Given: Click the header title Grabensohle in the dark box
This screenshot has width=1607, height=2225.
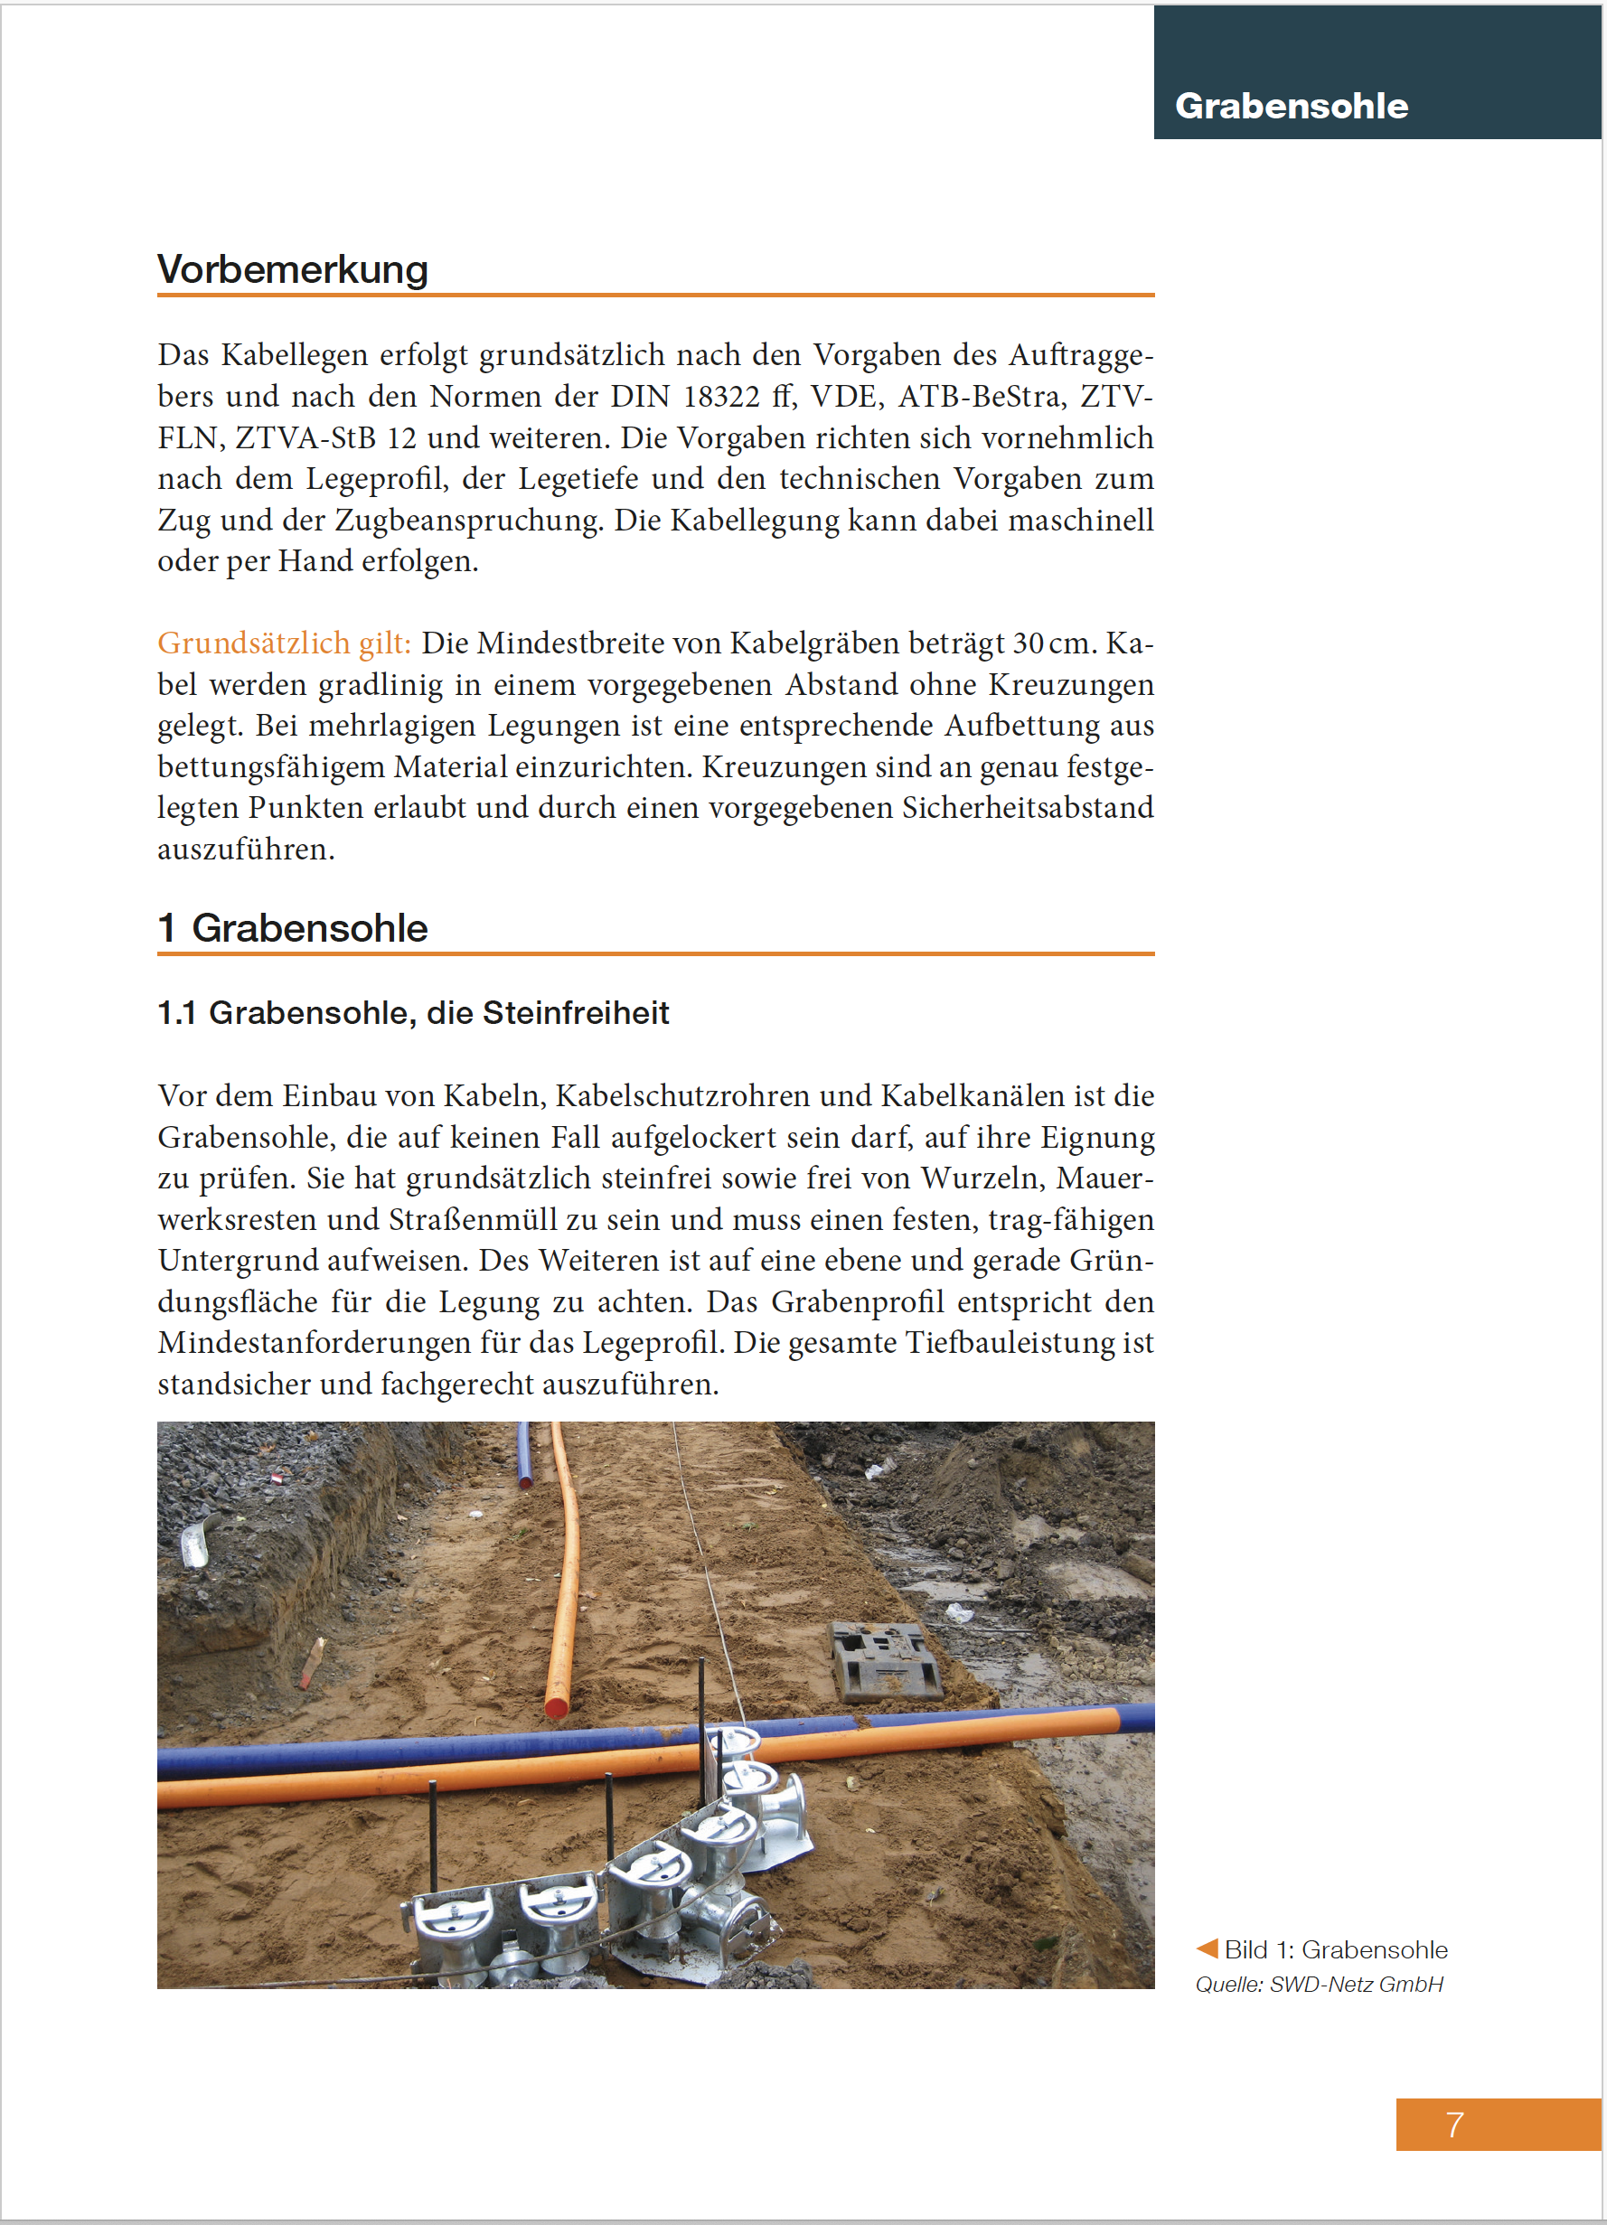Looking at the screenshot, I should (1291, 106).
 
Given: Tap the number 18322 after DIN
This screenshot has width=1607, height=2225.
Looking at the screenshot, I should (721, 397).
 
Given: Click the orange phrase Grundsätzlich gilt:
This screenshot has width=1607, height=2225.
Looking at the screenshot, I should (285, 643).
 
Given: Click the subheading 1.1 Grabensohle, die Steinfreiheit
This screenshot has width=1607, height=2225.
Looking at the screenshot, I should (413, 1012).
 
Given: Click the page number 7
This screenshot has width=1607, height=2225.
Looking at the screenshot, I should (1454, 2124).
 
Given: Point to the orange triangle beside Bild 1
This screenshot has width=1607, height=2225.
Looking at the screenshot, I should (1207, 1948).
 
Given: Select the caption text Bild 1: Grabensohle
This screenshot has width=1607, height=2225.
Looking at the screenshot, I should (1335, 1949).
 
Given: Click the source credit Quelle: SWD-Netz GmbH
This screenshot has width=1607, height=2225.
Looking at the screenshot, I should (1319, 1984).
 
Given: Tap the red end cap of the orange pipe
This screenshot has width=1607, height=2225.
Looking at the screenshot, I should (556, 1708).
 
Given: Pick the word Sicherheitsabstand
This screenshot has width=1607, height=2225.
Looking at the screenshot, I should (1027, 807).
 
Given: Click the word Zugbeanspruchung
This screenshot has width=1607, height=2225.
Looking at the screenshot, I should (469, 520).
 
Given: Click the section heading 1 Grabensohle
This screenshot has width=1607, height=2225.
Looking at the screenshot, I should (292, 928).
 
